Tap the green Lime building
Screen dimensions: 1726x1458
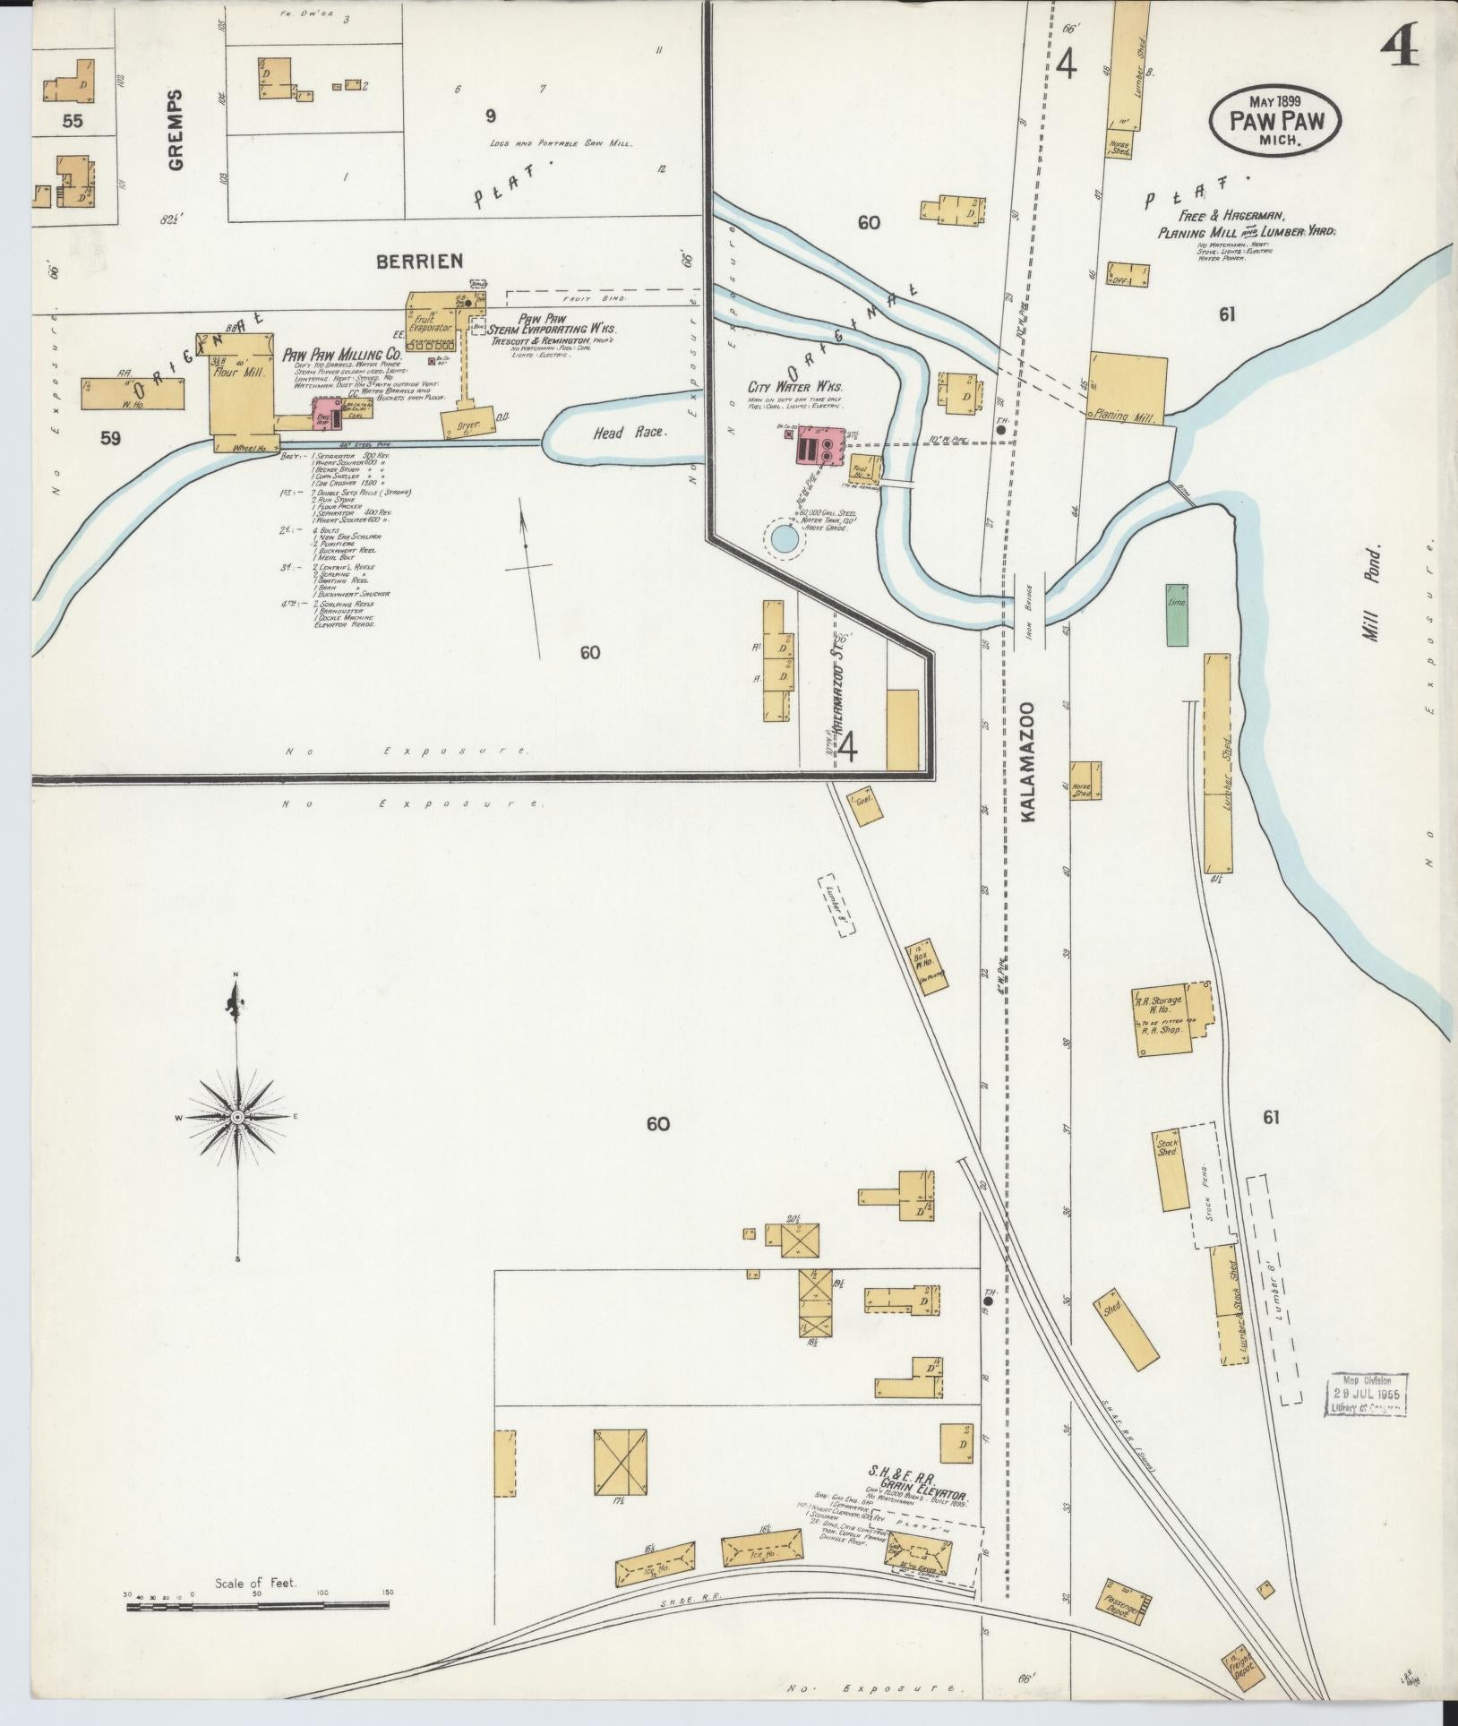click(1177, 614)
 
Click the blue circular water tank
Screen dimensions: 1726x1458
click(783, 539)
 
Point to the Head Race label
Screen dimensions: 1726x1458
click(641, 433)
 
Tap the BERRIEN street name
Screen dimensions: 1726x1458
click(419, 261)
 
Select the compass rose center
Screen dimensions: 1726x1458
click(237, 1118)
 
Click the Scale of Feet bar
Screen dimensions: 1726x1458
click(258, 1608)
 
